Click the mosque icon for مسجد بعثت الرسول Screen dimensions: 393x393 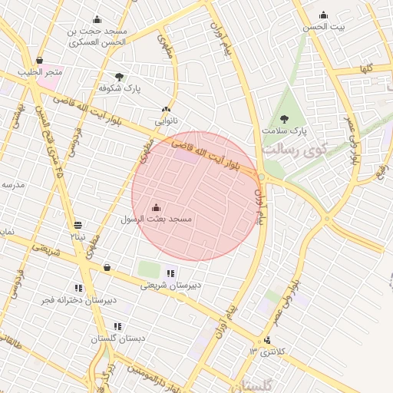(x=157, y=207)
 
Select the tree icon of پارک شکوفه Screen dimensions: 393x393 (x=119, y=76)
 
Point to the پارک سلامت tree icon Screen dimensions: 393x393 (x=285, y=119)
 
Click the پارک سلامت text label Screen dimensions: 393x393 (x=284, y=131)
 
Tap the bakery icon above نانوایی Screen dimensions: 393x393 (x=166, y=110)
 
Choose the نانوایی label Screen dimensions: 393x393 (x=167, y=121)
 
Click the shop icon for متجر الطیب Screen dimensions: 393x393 (x=39, y=60)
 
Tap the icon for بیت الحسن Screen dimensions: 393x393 (x=323, y=15)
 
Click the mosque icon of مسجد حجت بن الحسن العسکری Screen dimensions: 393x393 (x=97, y=20)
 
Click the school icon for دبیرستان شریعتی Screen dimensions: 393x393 (x=170, y=272)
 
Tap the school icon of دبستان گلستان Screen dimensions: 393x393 (x=117, y=326)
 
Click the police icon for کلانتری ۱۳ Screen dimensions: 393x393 (x=267, y=340)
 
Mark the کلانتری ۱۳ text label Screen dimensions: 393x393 (x=266, y=352)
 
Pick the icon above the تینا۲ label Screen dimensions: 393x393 (x=78, y=225)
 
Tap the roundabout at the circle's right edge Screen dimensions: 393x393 (x=261, y=177)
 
